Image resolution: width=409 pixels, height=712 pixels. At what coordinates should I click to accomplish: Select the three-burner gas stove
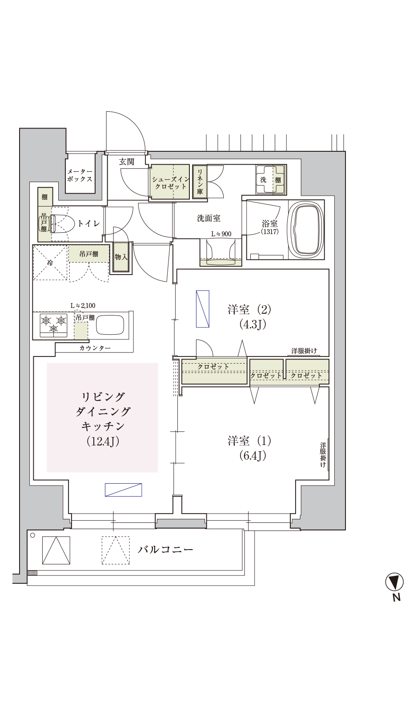[x=53, y=325]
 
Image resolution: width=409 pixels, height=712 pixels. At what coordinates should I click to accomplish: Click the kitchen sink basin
[x=110, y=324]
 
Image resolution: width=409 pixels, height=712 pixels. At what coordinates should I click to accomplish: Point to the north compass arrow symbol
[x=394, y=582]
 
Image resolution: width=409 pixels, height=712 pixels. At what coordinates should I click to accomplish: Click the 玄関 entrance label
[x=127, y=162]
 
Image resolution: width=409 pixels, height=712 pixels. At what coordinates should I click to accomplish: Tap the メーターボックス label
[x=80, y=175]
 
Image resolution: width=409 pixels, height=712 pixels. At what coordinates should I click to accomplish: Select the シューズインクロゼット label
[x=171, y=183]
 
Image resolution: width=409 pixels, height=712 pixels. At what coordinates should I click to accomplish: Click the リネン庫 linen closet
[x=200, y=182]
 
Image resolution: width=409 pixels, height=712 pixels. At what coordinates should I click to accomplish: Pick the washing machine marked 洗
[x=271, y=180]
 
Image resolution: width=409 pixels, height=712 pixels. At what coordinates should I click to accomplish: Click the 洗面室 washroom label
[x=209, y=218]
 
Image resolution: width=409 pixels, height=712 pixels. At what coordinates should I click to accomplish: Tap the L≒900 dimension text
[x=221, y=234]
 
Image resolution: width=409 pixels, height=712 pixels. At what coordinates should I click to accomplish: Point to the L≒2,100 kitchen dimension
[x=83, y=305]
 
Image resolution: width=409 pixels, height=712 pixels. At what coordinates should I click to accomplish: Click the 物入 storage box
[x=121, y=257]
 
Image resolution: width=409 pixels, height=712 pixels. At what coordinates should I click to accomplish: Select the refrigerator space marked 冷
[x=51, y=263]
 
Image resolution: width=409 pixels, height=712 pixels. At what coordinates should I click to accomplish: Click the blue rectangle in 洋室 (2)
[x=203, y=309]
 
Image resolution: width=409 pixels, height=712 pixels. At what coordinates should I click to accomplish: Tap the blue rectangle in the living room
[x=124, y=490]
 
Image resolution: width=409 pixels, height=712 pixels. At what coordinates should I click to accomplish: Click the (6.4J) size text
[x=253, y=456]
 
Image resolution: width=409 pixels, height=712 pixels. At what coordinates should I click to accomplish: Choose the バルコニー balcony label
[x=165, y=549]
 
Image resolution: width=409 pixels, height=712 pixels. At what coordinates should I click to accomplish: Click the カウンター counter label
[x=95, y=348]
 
